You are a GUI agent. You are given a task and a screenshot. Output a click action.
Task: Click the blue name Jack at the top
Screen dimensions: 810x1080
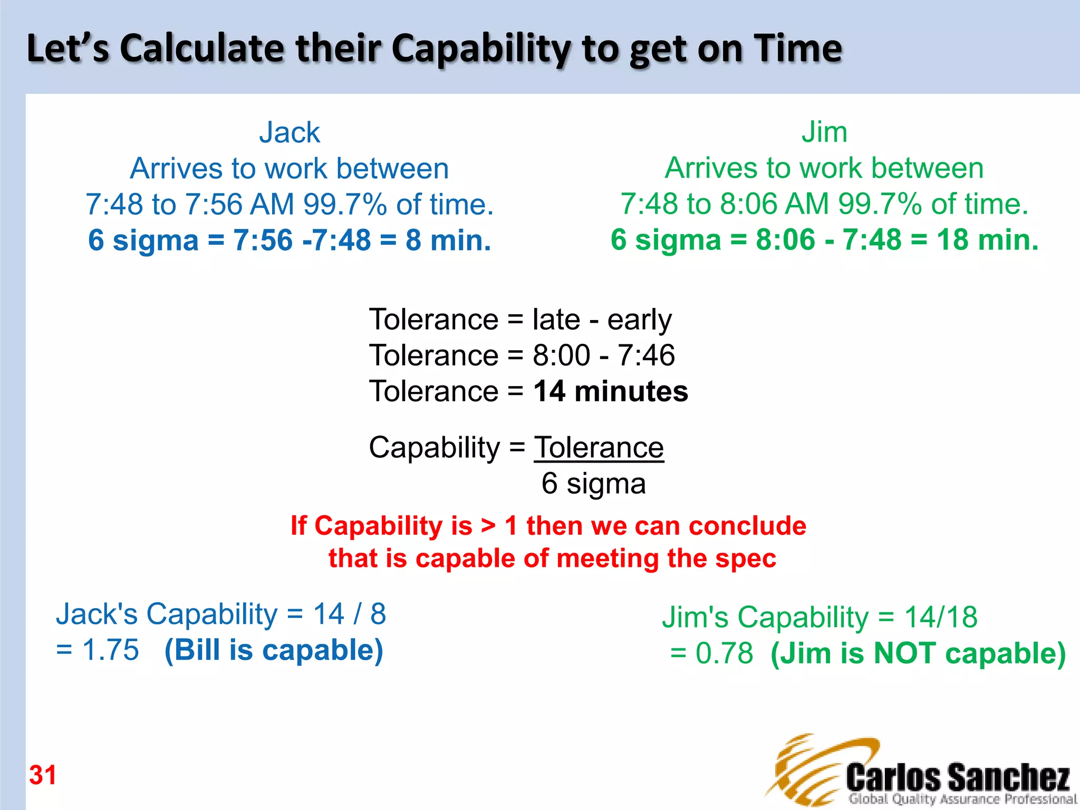[290, 132]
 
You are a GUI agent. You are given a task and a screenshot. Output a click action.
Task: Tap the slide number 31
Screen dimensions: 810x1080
[43, 775]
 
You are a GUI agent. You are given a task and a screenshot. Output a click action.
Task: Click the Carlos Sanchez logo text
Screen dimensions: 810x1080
[958, 777]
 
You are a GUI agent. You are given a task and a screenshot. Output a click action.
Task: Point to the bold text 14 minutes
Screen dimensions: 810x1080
[610, 391]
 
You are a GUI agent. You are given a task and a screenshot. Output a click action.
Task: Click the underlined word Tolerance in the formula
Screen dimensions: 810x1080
[599, 448]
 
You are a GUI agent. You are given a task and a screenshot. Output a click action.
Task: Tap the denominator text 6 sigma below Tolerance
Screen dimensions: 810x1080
[593, 483]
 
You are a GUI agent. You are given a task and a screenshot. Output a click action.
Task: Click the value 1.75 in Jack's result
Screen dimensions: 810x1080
[111, 650]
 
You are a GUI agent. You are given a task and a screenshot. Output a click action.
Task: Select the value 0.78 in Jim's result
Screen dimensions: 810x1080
[724, 653]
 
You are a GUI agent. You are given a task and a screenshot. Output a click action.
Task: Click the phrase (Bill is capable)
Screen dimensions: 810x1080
[274, 650]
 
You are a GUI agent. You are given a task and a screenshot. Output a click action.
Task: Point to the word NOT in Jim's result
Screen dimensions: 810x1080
[905, 653]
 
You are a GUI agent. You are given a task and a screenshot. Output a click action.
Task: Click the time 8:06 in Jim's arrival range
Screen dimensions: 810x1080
[748, 204]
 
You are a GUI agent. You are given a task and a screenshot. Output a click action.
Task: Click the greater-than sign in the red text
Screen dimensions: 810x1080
[488, 526]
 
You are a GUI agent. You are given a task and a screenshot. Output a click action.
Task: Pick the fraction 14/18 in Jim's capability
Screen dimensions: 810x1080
[941, 616]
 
